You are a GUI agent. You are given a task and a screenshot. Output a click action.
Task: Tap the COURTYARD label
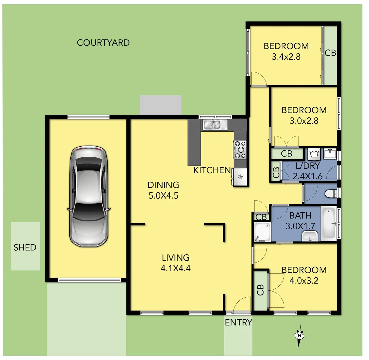coord(103,43)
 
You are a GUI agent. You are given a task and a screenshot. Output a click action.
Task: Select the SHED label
coord(25,247)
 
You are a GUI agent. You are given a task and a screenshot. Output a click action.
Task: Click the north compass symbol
coord(300,335)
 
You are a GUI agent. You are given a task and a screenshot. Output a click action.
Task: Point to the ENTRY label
coord(238,322)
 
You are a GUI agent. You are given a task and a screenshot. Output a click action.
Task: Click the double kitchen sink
coord(215,125)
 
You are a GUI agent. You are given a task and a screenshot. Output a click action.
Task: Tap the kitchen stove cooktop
coord(240,149)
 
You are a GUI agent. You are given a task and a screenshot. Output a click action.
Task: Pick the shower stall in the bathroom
coord(262,232)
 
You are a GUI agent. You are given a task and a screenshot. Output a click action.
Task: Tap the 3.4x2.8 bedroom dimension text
coord(286,57)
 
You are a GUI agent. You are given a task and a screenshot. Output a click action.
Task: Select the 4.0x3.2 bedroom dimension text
coord(304,281)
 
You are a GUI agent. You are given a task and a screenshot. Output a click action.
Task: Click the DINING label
coord(163,185)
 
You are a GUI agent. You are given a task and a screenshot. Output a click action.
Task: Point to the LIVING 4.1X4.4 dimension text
coord(176,268)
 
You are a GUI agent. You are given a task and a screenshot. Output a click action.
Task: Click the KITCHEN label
coord(212,170)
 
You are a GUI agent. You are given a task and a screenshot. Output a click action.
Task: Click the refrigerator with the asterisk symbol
coord(240,176)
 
